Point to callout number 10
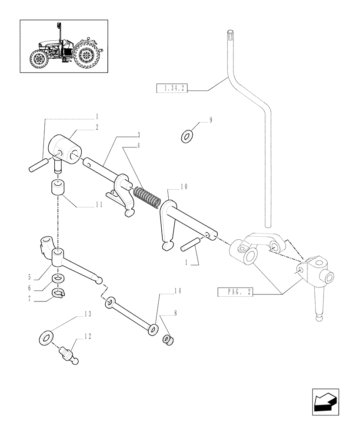tap(184, 187)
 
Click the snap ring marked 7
tap(59, 294)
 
